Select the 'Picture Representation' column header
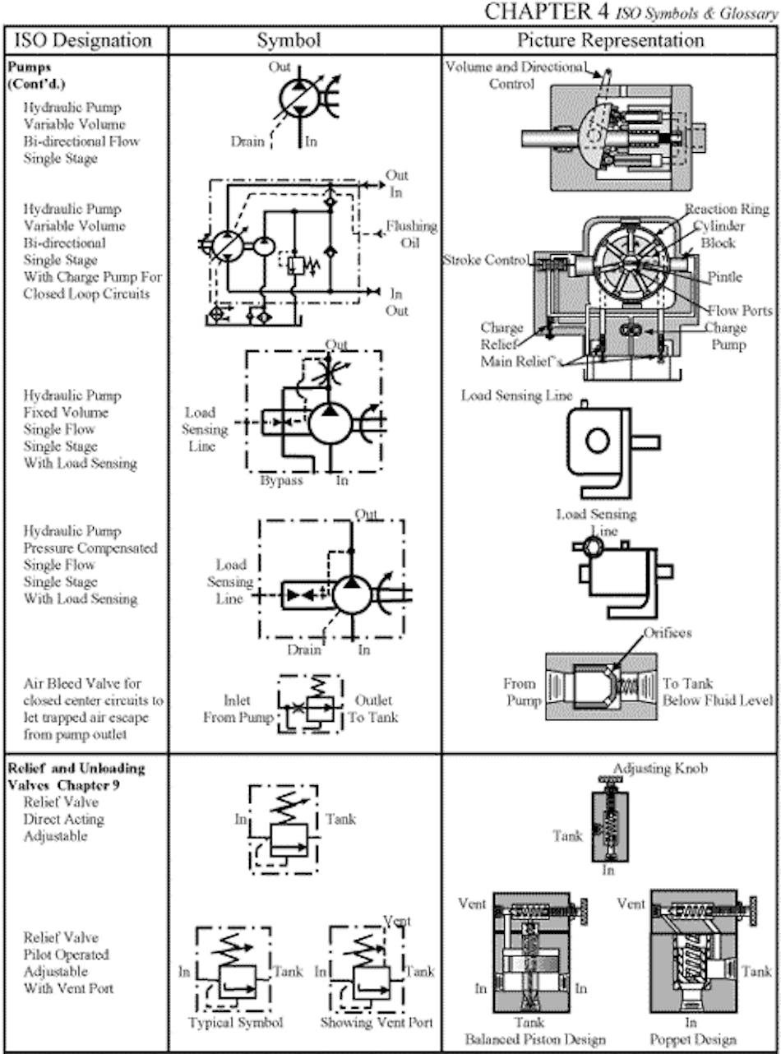tap(610, 40)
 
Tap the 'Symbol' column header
tap(289, 40)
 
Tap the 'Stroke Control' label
tap(486, 261)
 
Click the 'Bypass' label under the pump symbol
tap(281, 480)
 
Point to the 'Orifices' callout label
tap(668, 633)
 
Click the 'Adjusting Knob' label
tap(660, 769)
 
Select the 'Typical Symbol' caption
tap(235, 1023)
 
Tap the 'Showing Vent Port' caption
tap(377, 1023)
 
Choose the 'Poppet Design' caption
tap(692, 1039)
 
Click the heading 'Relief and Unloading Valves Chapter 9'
tap(76, 776)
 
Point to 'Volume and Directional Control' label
tap(515, 75)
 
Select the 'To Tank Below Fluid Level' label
tap(717, 692)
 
